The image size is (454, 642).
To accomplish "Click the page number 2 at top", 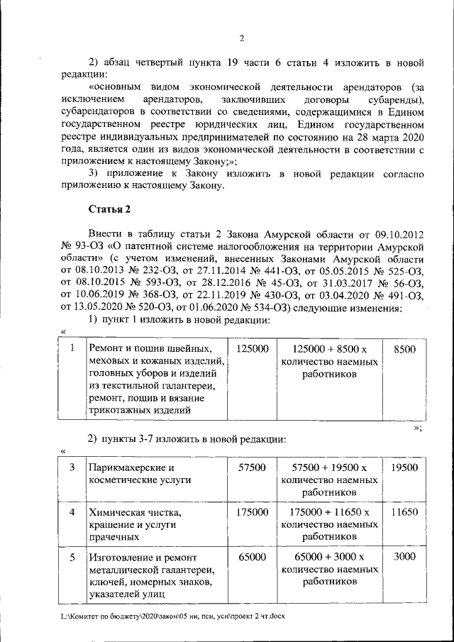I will (x=241, y=38).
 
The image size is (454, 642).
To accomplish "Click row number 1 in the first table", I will (x=72, y=349).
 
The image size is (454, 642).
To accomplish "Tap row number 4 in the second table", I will (x=72, y=512).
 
